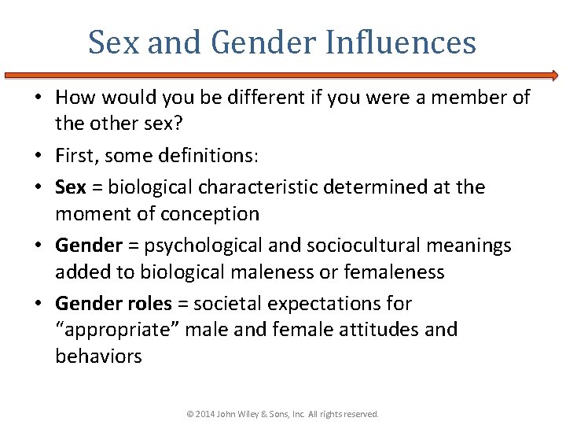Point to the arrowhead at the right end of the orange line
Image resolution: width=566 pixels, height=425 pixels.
pos(554,76)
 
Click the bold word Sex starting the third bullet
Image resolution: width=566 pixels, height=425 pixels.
pos(71,187)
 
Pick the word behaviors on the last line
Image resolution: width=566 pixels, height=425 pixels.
pos(98,357)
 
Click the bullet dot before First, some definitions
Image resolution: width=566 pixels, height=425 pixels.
pos(41,157)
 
